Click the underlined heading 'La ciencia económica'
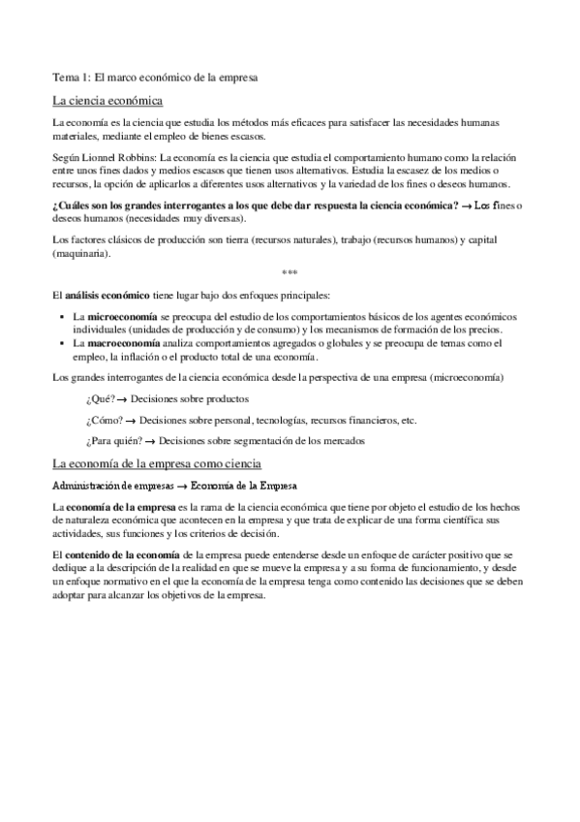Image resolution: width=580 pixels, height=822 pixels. click(x=107, y=100)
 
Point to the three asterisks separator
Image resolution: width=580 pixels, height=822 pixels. click(x=290, y=273)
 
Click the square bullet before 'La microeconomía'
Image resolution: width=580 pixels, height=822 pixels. click(x=61, y=318)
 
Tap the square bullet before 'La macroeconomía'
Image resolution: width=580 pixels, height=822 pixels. click(x=61, y=343)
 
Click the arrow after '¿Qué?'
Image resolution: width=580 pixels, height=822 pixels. click(x=123, y=398)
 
